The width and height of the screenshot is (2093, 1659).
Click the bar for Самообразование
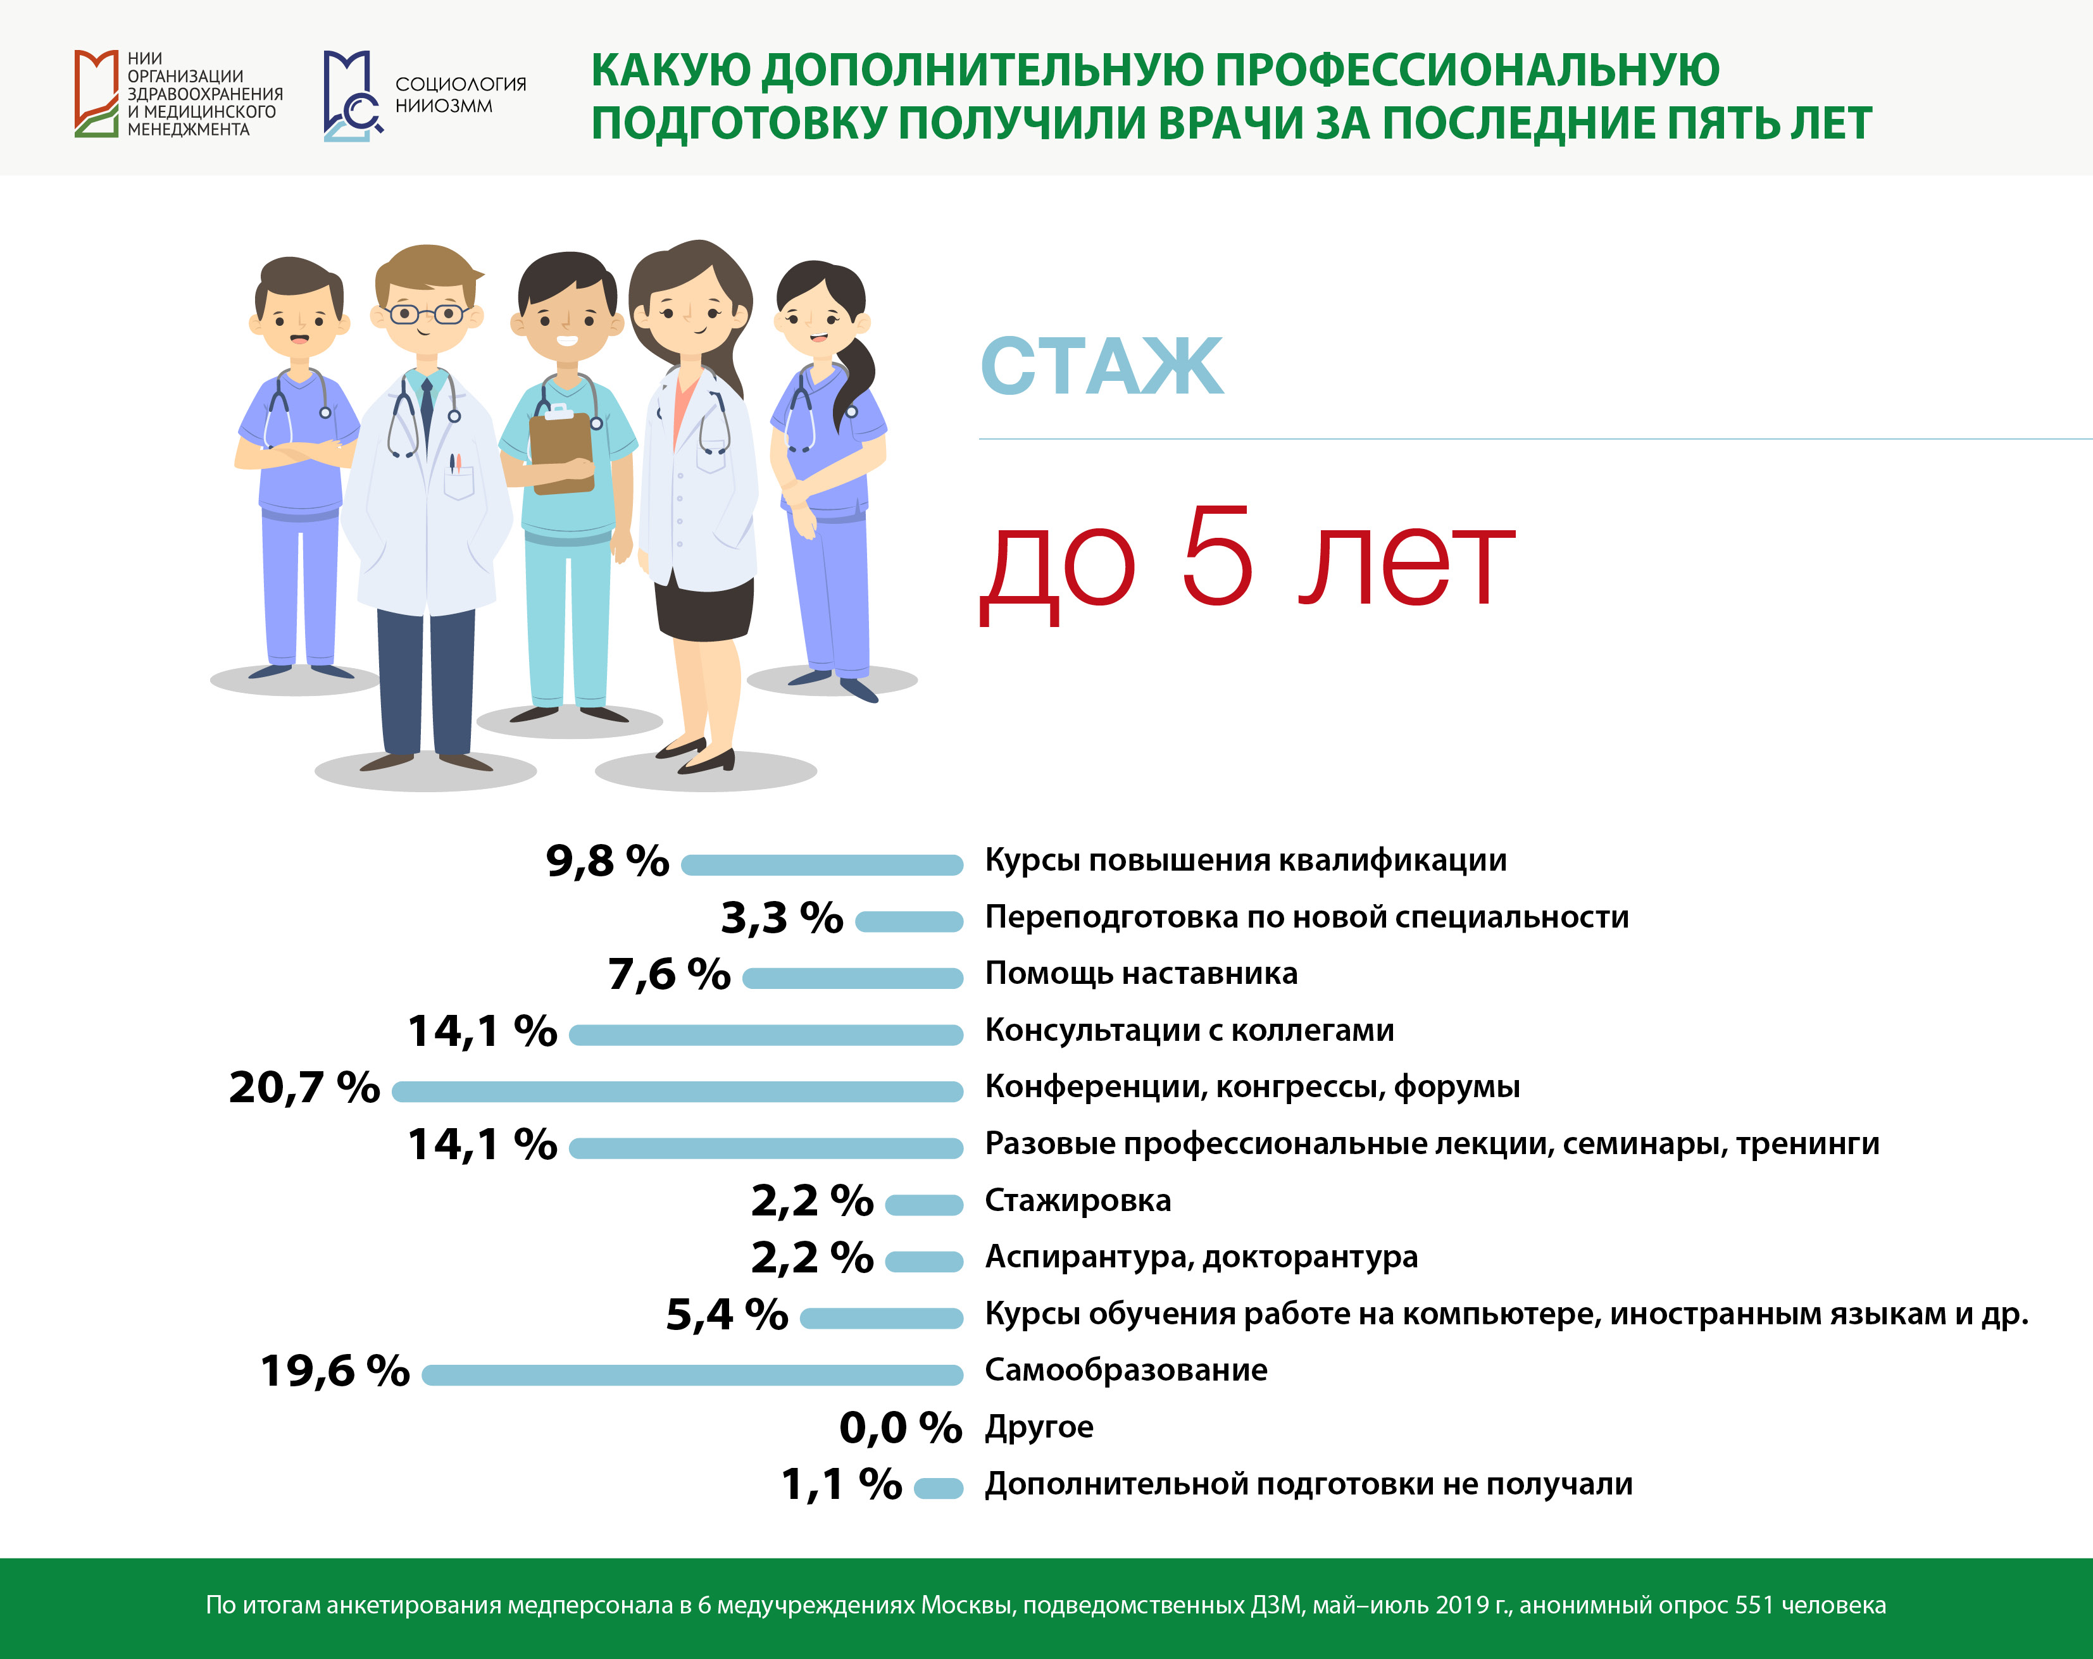click(692, 1374)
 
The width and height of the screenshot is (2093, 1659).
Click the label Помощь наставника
click(1140, 972)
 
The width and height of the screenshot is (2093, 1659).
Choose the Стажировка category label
click(1078, 1201)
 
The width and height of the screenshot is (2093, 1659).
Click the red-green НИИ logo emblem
click(96, 93)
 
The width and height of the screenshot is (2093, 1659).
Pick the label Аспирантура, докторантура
click(1201, 1257)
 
